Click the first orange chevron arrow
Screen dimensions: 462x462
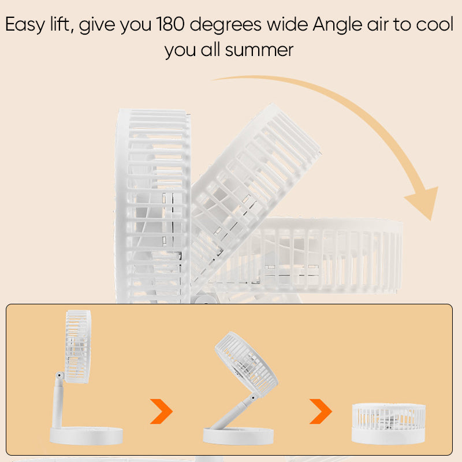click(x=162, y=411)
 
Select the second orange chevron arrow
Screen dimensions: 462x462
click(x=321, y=411)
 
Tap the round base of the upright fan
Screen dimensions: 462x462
click(x=87, y=435)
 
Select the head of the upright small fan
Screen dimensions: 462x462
click(x=78, y=346)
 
